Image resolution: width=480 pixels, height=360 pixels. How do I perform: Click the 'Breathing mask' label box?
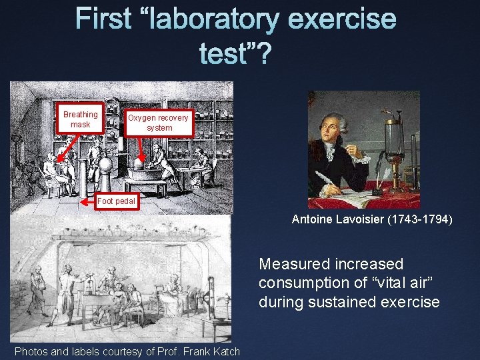coord(80,119)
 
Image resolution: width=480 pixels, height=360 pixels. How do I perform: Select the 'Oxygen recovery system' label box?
coord(159,123)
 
